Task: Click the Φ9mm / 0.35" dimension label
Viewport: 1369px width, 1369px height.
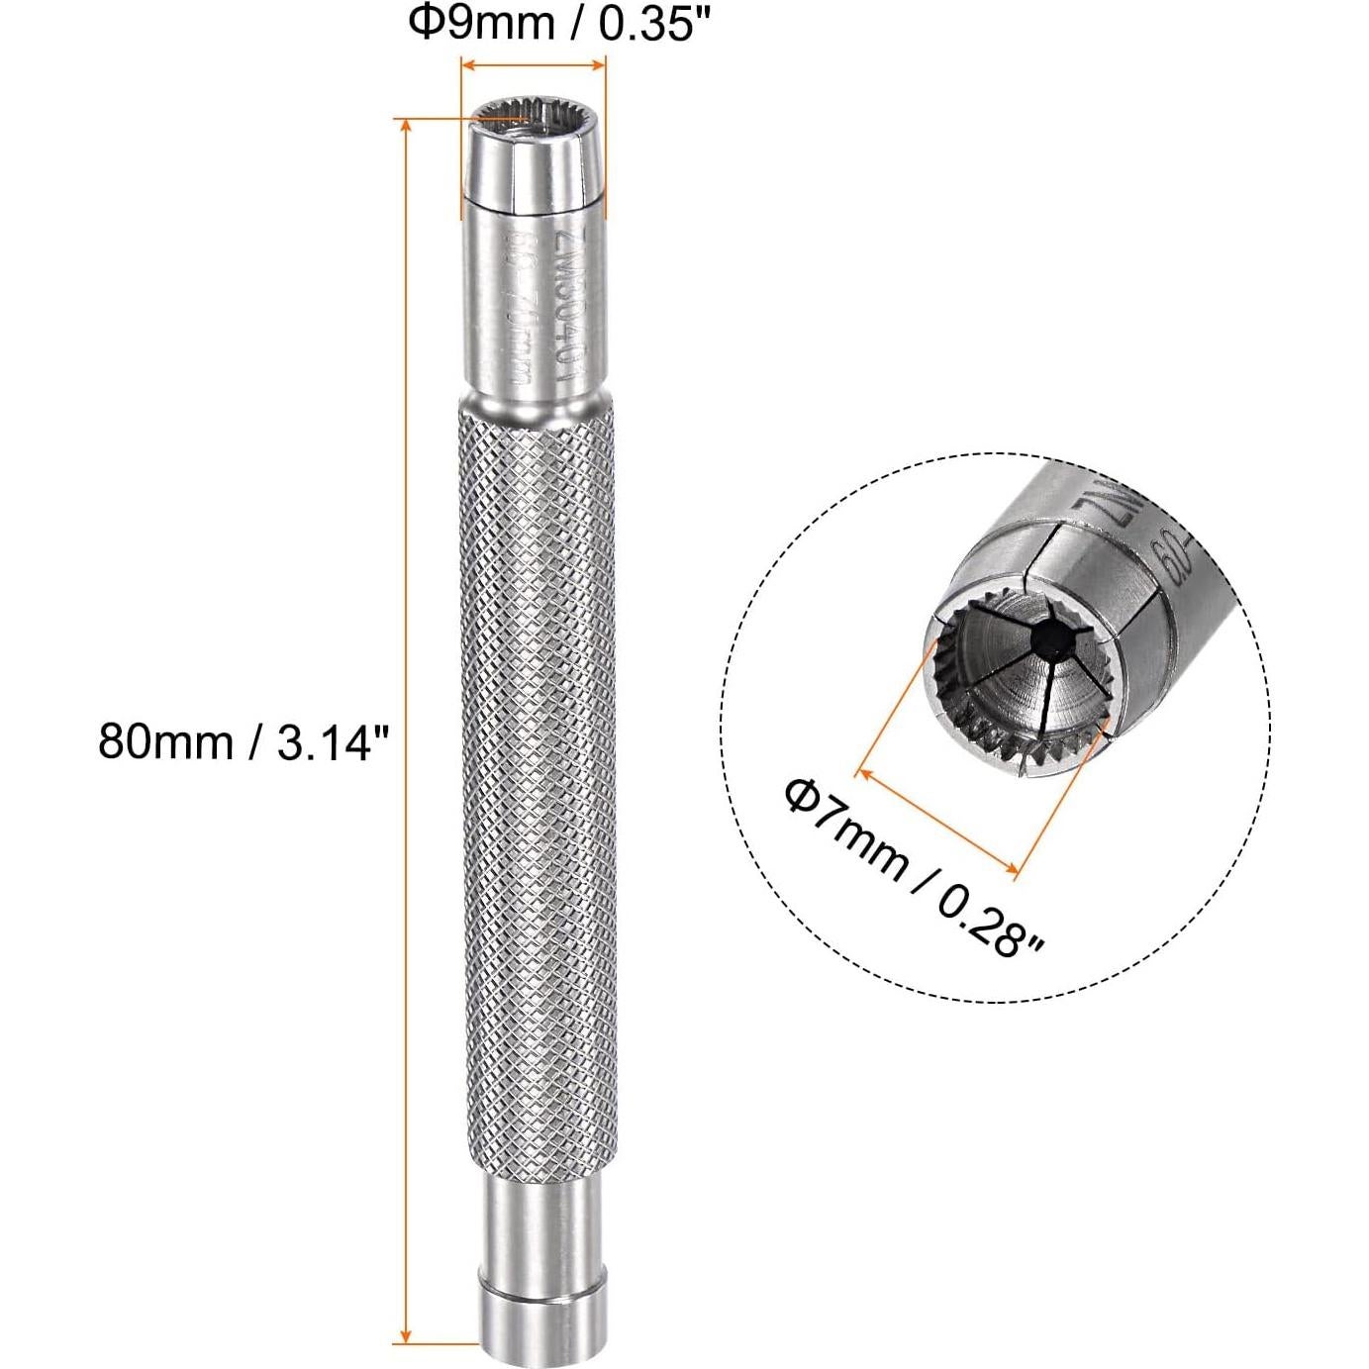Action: (560, 24)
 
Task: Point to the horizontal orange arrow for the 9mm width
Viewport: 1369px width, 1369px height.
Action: (534, 66)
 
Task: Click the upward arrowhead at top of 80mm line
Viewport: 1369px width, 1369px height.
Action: (405, 125)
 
